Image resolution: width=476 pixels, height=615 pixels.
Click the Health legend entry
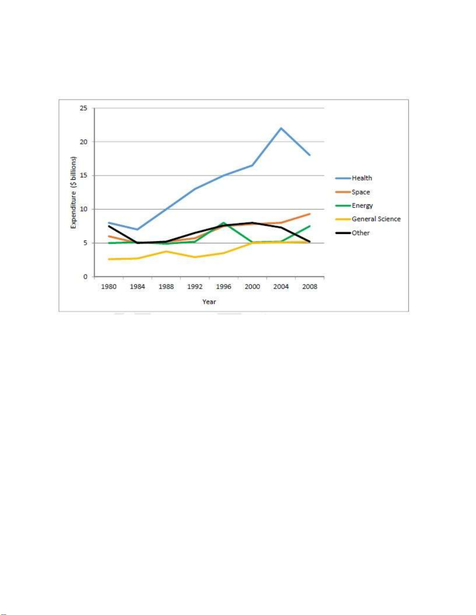pyautogui.click(x=361, y=178)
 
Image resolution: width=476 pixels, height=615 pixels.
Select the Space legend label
pyautogui.click(x=361, y=192)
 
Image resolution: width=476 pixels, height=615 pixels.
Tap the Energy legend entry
pyautogui.click(x=362, y=206)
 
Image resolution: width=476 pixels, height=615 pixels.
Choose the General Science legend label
pyautogui.click(x=376, y=219)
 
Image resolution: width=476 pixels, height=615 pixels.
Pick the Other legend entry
pyautogui.click(x=361, y=233)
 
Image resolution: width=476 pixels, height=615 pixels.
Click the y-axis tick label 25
pyautogui.click(x=84, y=108)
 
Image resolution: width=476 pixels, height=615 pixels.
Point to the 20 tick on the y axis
pyautogui.click(x=84, y=142)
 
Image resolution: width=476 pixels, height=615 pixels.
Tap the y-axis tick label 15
pyautogui.click(x=84, y=175)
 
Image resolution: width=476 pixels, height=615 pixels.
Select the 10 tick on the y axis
pyautogui.click(x=84, y=209)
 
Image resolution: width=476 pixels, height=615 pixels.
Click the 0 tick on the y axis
pyautogui.click(x=85, y=277)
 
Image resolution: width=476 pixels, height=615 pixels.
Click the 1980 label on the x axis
pyautogui.click(x=109, y=287)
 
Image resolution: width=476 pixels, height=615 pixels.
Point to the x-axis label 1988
pyautogui.click(x=166, y=287)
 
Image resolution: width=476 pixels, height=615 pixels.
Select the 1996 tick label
pyautogui.click(x=223, y=287)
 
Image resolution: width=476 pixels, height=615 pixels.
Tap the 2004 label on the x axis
pyautogui.click(x=281, y=287)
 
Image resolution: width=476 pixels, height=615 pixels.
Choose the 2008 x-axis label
pyautogui.click(x=310, y=287)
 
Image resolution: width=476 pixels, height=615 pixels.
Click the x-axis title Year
pyautogui.click(x=209, y=302)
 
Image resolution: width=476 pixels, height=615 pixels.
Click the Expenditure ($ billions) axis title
pyautogui.click(x=73, y=192)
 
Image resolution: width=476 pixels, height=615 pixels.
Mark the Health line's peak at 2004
pyautogui.click(x=281, y=128)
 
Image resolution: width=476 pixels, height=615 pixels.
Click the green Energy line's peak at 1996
pyautogui.click(x=224, y=223)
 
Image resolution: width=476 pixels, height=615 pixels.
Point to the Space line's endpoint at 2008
pyautogui.click(x=310, y=214)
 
